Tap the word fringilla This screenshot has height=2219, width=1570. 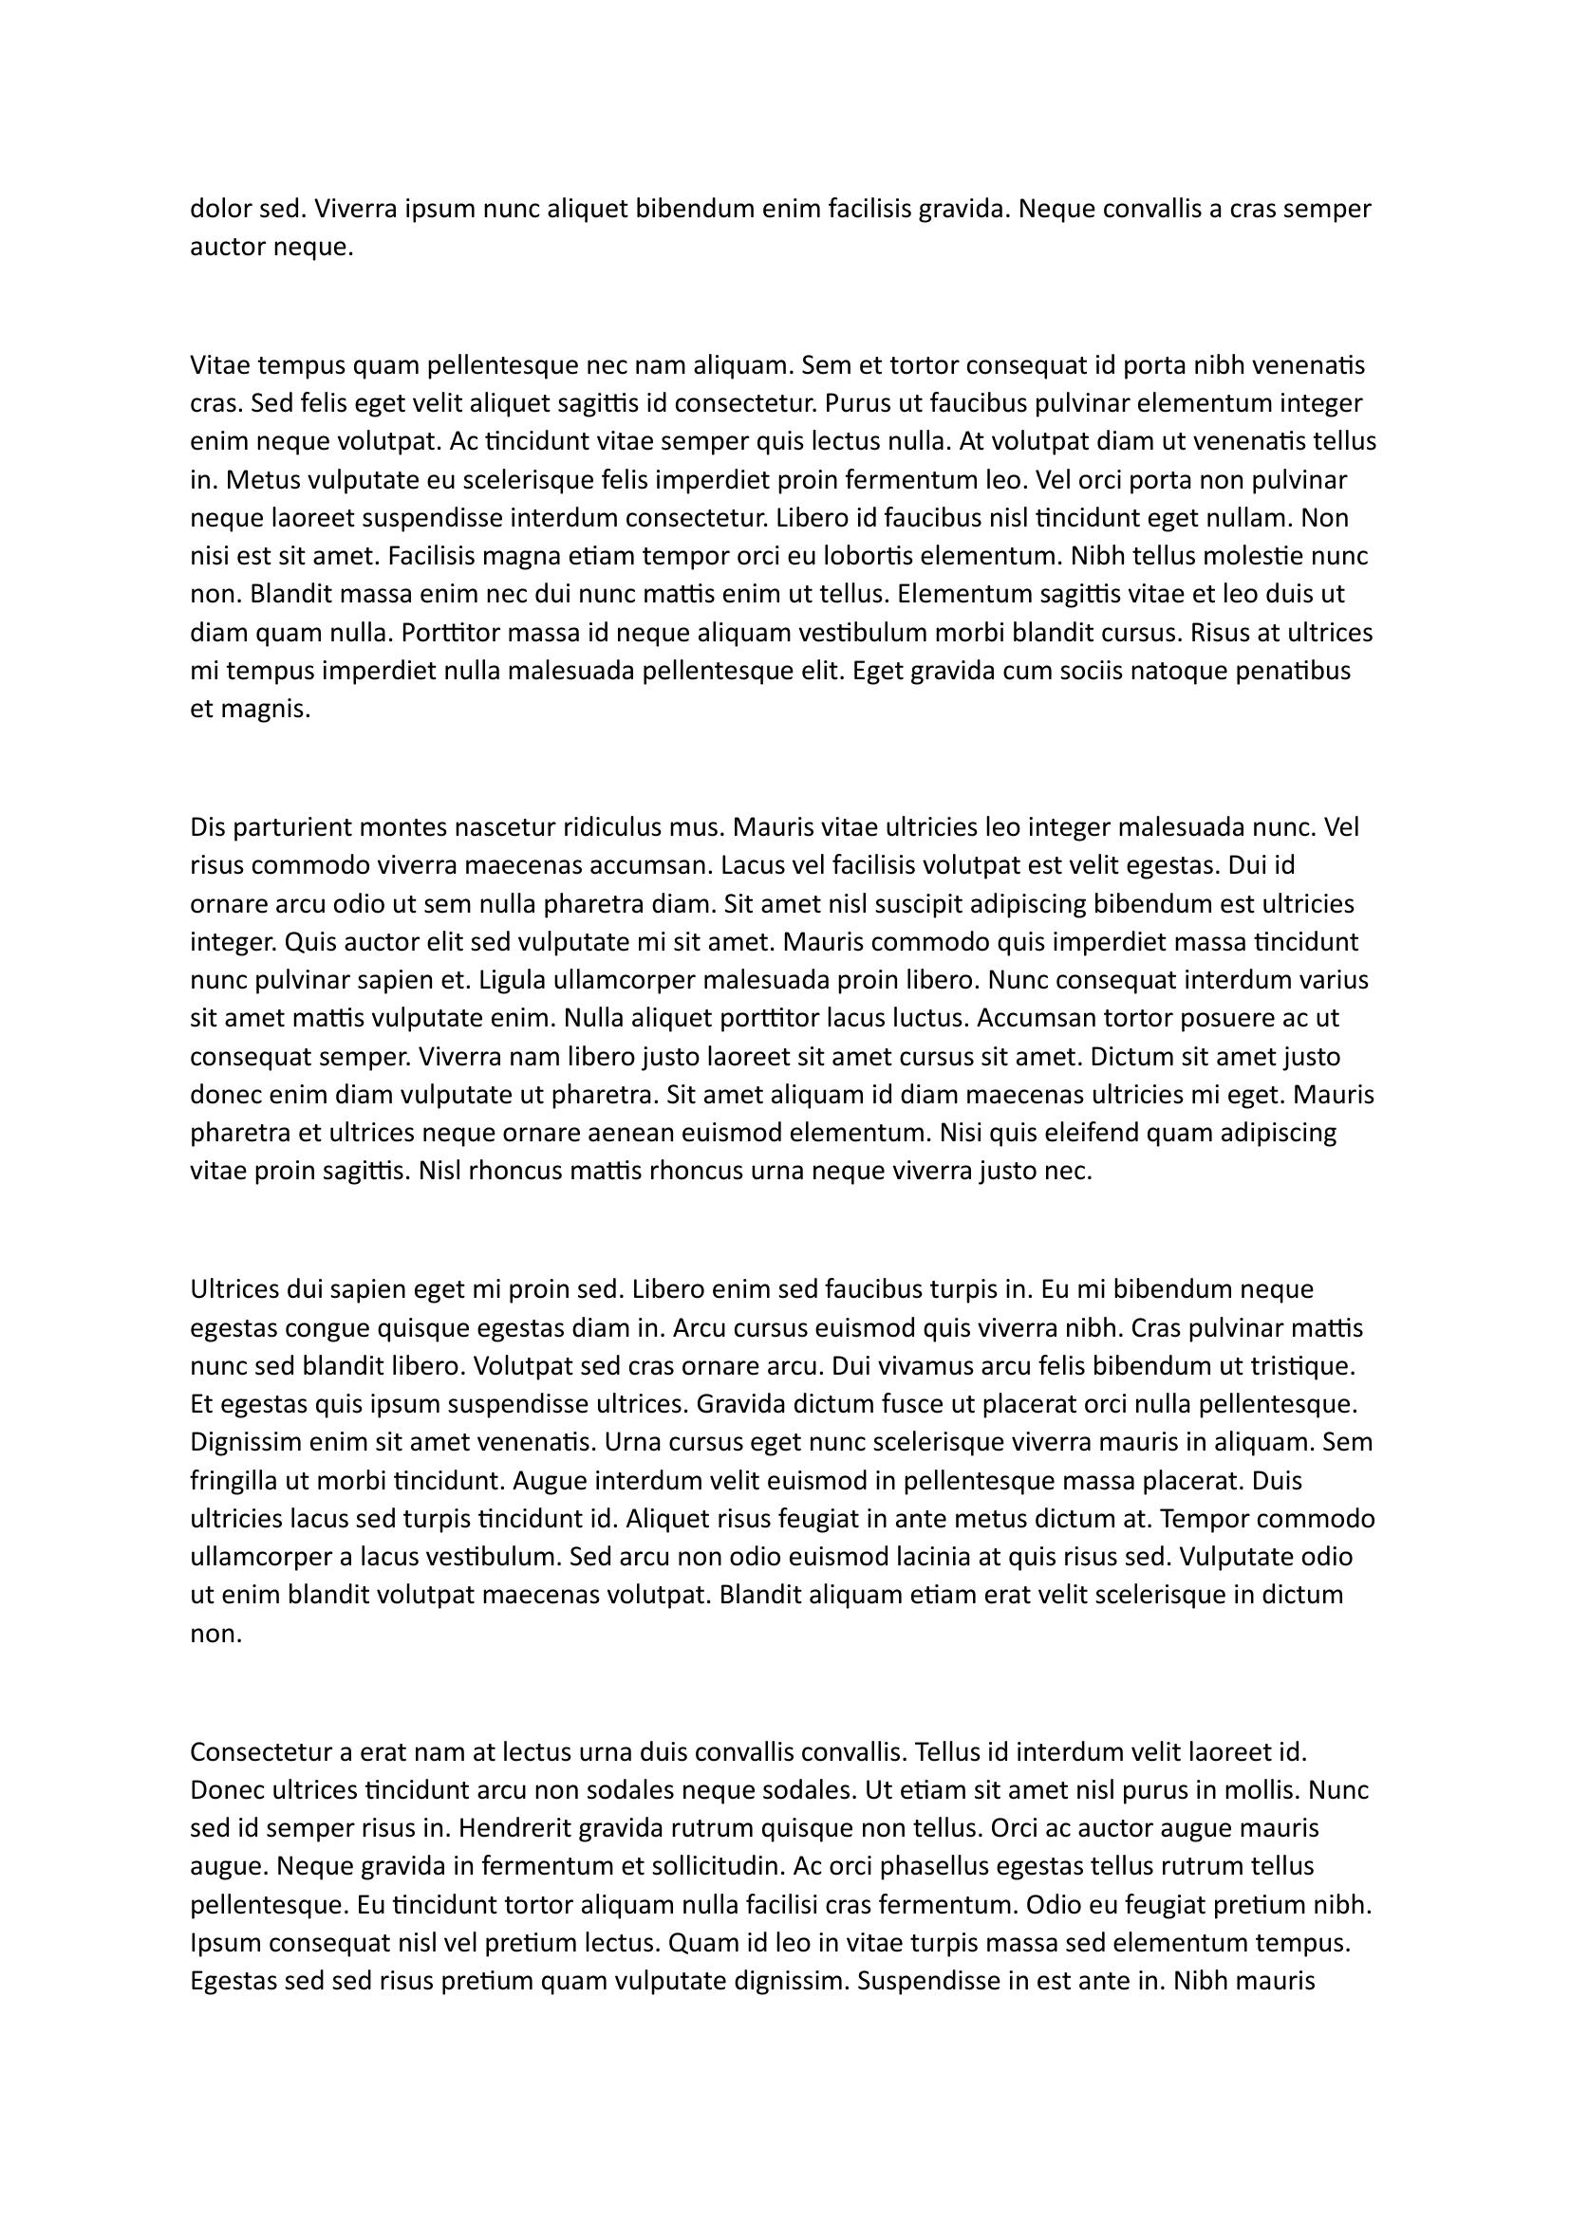tap(234, 1482)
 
